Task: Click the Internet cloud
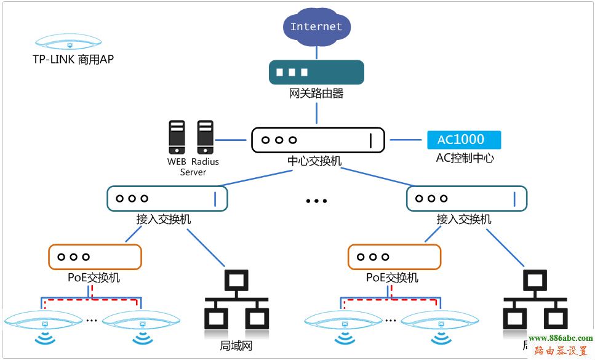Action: pyautogui.click(x=316, y=26)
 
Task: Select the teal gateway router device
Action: pyautogui.click(x=316, y=71)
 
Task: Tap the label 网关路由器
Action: pyautogui.click(x=316, y=94)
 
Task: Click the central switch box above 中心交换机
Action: pyautogui.click(x=317, y=140)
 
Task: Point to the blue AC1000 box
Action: pyautogui.click(x=465, y=140)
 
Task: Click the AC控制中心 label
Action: pyautogui.click(x=465, y=158)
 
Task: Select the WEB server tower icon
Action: pyautogui.click(x=177, y=137)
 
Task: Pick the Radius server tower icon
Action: pyautogui.click(x=205, y=137)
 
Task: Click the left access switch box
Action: pyautogui.click(x=167, y=199)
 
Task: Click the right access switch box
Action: pyautogui.click(x=466, y=199)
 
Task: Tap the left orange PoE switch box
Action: pyautogui.click(x=95, y=257)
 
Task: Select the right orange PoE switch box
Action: pyautogui.click(x=394, y=257)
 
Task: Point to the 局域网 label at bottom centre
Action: pyautogui.click(x=236, y=346)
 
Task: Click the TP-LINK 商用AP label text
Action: pyautogui.click(x=73, y=60)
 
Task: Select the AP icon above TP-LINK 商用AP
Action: pyautogui.click(x=69, y=42)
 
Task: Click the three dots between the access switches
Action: pyautogui.click(x=316, y=201)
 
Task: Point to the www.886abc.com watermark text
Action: pyautogui.click(x=560, y=338)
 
